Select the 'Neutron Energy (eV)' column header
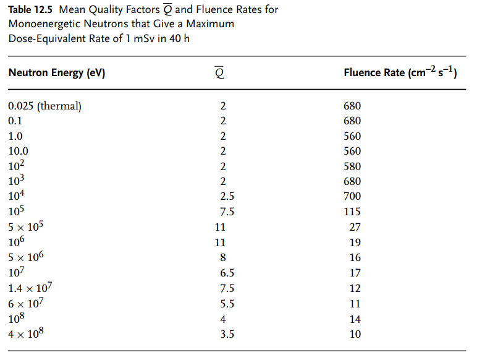(x=57, y=73)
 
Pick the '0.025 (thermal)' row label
(x=44, y=106)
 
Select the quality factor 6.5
(x=227, y=273)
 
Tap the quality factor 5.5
(x=227, y=304)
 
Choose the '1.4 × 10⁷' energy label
(x=30, y=288)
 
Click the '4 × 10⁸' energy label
(x=27, y=334)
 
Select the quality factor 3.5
(x=227, y=334)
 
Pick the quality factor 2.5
(x=227, y=197)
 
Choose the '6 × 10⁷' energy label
(x=26, y=304)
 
